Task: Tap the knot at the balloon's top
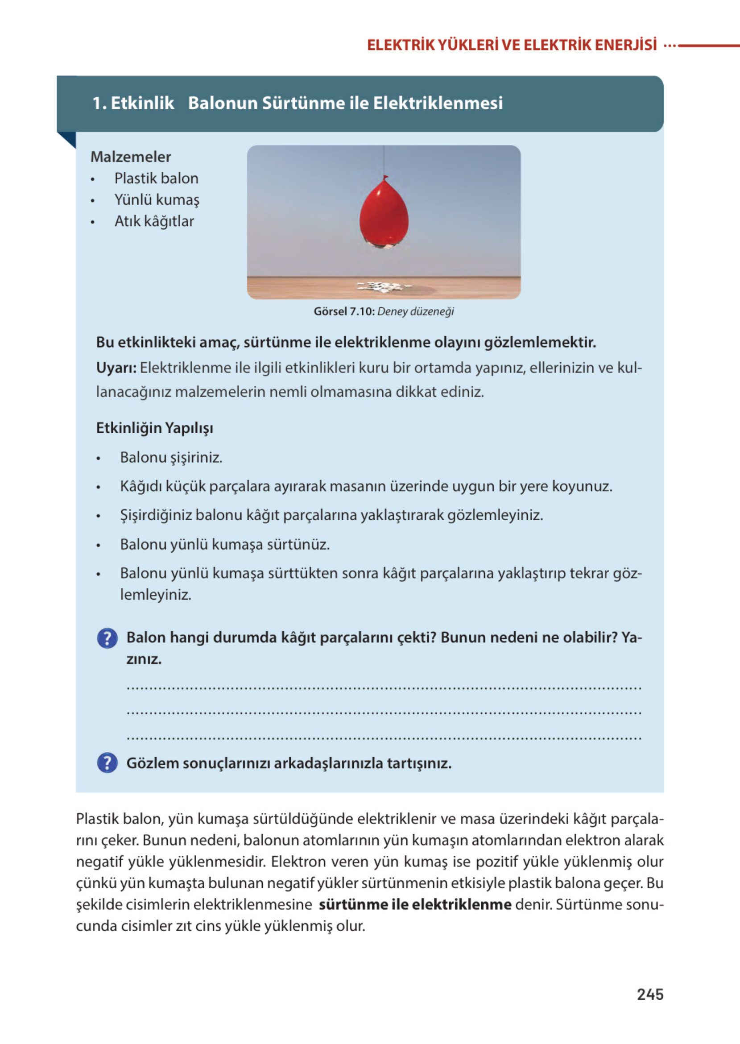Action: point(385,177)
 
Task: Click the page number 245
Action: point(650,994)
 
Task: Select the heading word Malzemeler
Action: point(131,157)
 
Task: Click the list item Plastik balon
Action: point(156,178)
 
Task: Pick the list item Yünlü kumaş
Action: point(157,199)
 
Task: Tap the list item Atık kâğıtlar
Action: point(154,221)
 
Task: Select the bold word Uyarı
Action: point(116,368)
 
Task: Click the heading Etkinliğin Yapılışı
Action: point(154,428)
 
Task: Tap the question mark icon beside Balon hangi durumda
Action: point(107,638)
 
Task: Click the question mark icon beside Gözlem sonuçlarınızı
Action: point(107,763)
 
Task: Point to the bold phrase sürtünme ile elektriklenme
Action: point(415,904)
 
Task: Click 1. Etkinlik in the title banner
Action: point(133,103)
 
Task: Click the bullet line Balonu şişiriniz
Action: point(171,457)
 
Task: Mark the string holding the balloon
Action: point(384,159)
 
